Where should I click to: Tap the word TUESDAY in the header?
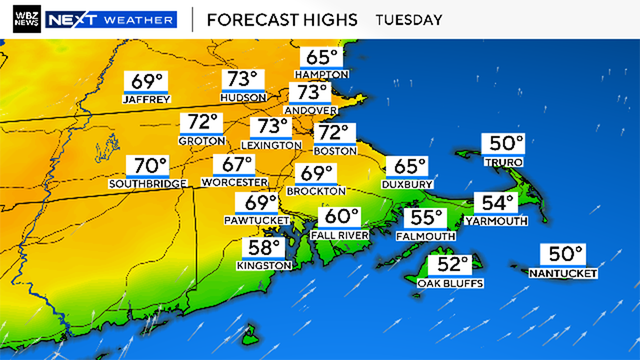(409, 20)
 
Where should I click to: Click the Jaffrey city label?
(147, 99)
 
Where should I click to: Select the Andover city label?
(311, 109)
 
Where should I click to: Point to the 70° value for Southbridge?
(148, 166)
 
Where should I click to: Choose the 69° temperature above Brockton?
(315, 173)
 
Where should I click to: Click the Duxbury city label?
(406, 185)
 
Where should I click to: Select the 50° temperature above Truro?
(504, 144)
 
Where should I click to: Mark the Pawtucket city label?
(260, 220)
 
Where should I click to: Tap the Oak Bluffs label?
(451, 284)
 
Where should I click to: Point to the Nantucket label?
(563, 273)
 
